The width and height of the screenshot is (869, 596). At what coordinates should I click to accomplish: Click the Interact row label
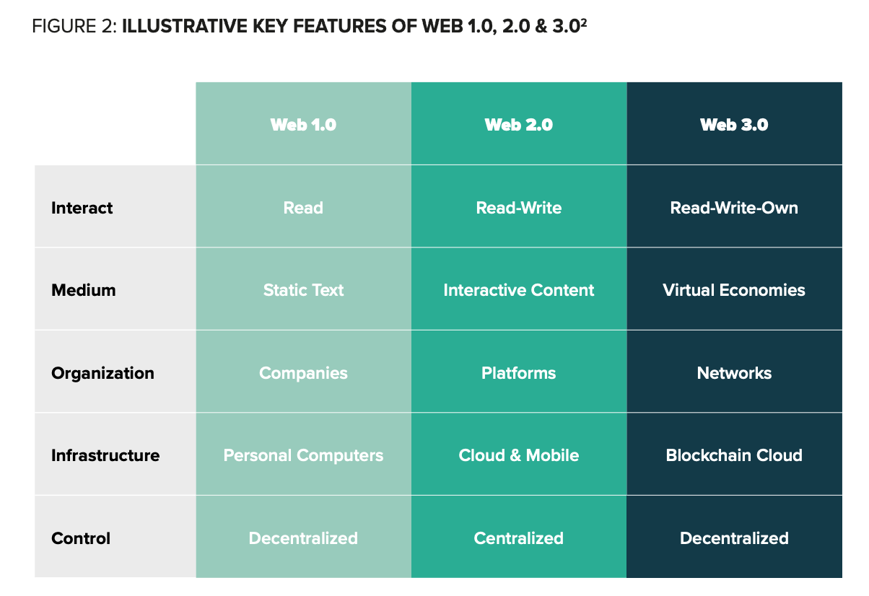(82, 208)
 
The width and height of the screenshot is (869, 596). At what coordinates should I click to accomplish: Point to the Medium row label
(84, 290)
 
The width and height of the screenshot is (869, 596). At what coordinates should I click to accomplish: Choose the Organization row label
(102, 374)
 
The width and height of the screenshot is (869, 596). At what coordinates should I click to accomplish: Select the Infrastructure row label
(105, 455)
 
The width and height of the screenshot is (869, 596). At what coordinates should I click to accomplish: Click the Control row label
(81, 538)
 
